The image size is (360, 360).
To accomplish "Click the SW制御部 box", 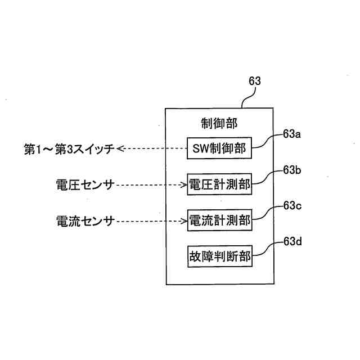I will (219, 149).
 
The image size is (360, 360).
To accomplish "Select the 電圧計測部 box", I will (219, 184).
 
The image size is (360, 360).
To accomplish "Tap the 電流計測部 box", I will (219, 221).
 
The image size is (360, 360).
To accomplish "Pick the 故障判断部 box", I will (219, 257).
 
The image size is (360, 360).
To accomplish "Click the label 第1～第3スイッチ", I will (69, 149).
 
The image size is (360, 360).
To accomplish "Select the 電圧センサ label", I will (85, 184).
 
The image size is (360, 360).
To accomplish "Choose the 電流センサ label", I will (85, 221).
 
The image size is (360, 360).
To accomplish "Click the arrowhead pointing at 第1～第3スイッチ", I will (120, 149).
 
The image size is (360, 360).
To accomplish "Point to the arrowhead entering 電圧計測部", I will (184, 184).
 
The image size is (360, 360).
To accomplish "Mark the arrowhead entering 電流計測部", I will (184, 221).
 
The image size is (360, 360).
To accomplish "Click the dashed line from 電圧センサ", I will (149, 184).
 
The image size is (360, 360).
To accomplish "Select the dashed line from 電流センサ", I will (149, 221).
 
